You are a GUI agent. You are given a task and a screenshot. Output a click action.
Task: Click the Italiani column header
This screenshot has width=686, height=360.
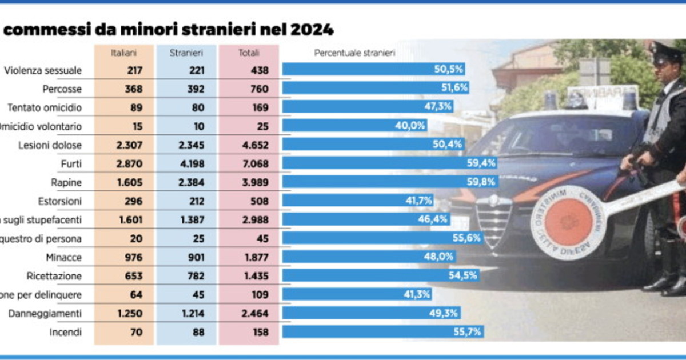pos(123,53)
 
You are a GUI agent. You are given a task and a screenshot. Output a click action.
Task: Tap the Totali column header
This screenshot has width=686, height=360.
pos(249,53)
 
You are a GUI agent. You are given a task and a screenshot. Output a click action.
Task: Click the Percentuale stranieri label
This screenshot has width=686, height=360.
pos(354,53)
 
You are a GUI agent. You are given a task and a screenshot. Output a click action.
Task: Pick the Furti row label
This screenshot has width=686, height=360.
pos(70,163)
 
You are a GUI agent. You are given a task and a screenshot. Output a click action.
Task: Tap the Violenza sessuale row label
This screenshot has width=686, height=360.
pos(43,70)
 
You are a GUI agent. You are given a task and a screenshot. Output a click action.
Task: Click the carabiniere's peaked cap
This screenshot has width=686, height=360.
pos(666,51)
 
